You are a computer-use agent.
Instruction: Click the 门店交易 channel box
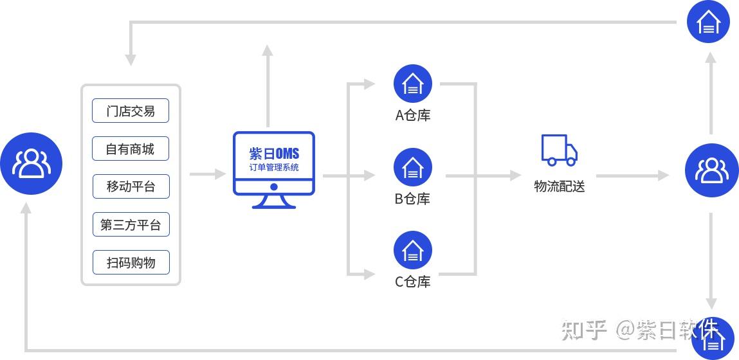[x=131, y=111]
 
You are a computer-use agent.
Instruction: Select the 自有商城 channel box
[x=131, y=149]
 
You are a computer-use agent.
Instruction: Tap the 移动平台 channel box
[x=131, y=187]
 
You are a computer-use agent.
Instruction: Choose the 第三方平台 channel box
[x=131, y=225]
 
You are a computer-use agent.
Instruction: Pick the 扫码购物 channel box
[x=131, y=262]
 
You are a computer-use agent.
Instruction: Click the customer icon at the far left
[x=31, y=163]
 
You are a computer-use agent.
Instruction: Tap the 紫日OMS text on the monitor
[x=274, y=154]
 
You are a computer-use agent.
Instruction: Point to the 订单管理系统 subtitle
[x=274, y=168]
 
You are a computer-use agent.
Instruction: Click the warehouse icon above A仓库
[x=412, y=84]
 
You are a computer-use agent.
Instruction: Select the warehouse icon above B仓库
[x=412, y=167]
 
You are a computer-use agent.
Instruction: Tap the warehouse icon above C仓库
[x=412, y=250]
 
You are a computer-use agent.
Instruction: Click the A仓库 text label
[x=412, y=116]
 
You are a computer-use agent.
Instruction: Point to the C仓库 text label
[x=412, y=282]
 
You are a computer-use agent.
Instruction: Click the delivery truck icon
[x=558, y=150]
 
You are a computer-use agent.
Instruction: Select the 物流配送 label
[x=559, y=186]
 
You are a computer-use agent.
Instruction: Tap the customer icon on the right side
[x=711, y=170]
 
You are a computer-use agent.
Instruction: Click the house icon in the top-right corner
[x=708, y=22]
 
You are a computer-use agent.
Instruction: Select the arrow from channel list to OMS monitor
[x=208, y=174]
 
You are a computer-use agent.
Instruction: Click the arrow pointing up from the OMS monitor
[x=268, y=84]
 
